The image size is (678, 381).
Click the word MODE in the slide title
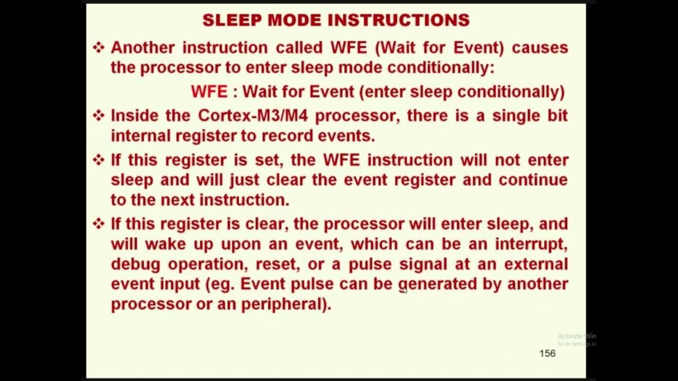click(291, 21)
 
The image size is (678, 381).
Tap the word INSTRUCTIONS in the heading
click(398, 21)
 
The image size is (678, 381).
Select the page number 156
click(547, 353)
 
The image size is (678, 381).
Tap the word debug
click(135, 264)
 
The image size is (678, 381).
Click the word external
click(536, 264)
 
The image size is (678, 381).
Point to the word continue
click(532, 180)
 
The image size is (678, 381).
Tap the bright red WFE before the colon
click(209, 92)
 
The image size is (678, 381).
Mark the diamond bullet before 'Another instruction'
click(99, 48)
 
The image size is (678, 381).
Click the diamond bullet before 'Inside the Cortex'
click(99, 115)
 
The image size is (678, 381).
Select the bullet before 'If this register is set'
click(99, 160)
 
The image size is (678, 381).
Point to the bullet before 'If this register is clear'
click(99, 223)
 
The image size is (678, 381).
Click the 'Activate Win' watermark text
click(576, 336)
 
